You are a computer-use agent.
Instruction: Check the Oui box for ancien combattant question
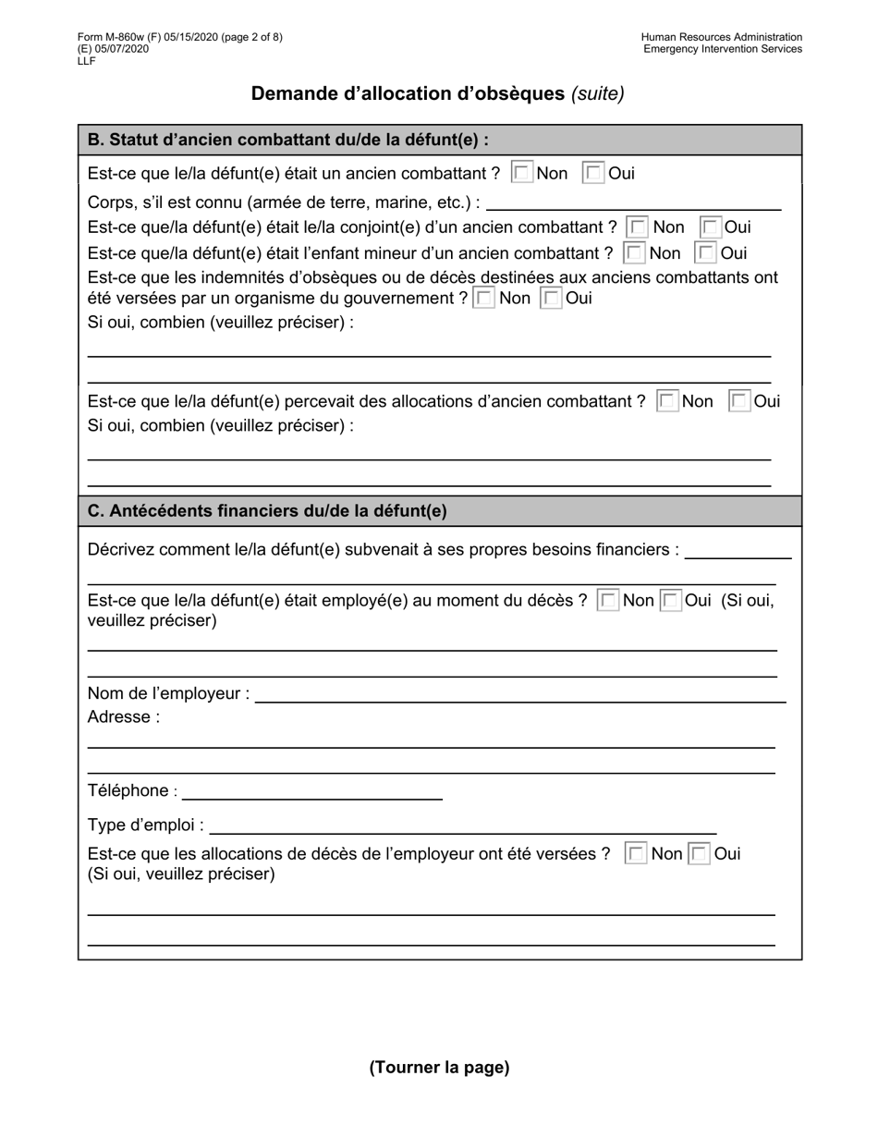coord(593,173)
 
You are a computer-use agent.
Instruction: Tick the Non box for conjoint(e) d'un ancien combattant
coord(638,227)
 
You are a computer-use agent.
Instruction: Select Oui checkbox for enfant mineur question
coord(706,253)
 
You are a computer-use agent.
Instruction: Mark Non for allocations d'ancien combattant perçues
coord(667,401)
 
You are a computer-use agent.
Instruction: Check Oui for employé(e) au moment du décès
coord(672,601)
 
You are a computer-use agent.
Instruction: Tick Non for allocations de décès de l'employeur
coord(636,854)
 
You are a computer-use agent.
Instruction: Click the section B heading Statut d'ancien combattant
coord(287,141)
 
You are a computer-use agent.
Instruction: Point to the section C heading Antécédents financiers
coord(267,511)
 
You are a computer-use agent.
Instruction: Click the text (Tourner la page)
coord(439,1068)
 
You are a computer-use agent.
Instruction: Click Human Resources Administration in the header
coord(721,38)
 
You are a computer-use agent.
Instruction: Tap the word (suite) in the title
coord(598,93)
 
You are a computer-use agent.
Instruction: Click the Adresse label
coord(123,717)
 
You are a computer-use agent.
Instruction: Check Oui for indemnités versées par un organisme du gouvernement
coord(551,299)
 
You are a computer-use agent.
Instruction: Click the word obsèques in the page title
coord(520,93)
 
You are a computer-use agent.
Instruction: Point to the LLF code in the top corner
coord(87,61)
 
